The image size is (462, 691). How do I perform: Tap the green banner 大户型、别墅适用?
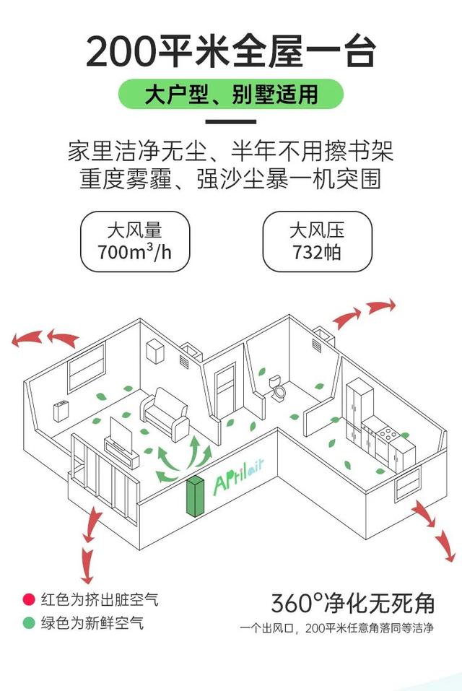pos(230,95)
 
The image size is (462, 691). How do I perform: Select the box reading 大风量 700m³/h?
pos(135,241)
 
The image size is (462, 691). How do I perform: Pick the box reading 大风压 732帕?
pos(317,241)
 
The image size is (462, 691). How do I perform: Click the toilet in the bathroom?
pos(278,387)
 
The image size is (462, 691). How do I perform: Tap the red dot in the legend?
pos(29,599)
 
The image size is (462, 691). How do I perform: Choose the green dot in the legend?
pos(29,622)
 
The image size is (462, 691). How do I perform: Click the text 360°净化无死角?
pos(353,602)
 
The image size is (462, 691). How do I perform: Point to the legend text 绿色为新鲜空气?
pos(92,622)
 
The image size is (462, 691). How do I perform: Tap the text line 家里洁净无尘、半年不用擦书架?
pos(230,153)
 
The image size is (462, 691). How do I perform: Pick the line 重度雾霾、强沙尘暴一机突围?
pos(230,178)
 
